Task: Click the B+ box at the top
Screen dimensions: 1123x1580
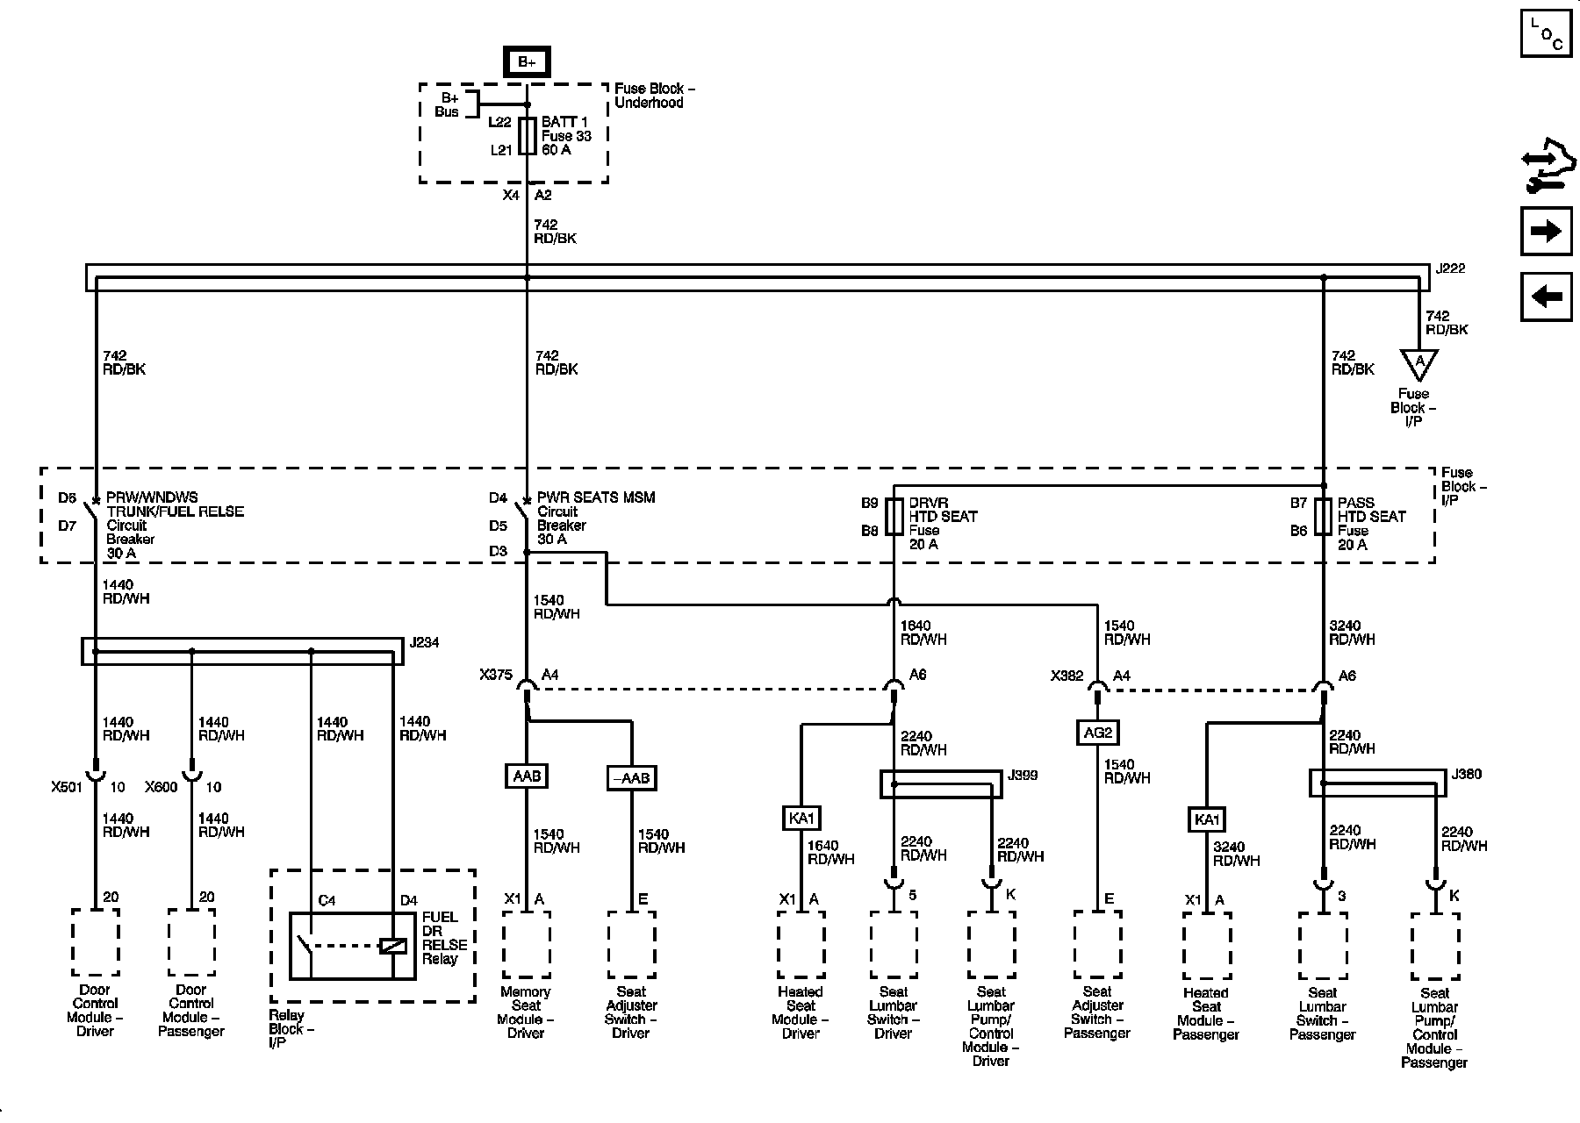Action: tap(527, 61)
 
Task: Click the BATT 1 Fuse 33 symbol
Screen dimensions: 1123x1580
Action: tap(527, 136)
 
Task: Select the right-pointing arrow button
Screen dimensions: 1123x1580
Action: tap(1546, 231)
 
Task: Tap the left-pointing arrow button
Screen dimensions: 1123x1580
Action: tap(1546, 297)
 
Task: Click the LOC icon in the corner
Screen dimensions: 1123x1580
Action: tap(1546, 33)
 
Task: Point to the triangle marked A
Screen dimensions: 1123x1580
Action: tap(1418, 361)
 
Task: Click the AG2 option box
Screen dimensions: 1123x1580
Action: tap(1098, 732)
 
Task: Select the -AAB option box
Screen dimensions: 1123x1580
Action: tap(631, 778)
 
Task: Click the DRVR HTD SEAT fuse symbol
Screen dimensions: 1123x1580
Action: tap(894, 517)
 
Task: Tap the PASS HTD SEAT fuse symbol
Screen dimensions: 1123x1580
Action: tap(1323, 517)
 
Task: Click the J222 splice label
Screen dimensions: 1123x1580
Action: tap(1450, 268)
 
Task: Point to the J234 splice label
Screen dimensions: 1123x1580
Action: tap(424, 643)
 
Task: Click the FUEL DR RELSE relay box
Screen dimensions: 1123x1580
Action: tap(354, 946)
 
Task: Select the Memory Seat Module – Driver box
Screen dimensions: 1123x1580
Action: tap(527, 944)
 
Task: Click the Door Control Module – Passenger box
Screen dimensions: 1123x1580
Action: tap(191, 941)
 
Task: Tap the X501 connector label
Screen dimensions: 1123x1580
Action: tap(66, 787)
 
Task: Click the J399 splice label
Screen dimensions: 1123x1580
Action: tap(1023, 775)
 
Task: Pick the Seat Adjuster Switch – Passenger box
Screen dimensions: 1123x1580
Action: tap(1098, 944)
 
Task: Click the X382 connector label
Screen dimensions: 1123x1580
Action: tap(1067, 676)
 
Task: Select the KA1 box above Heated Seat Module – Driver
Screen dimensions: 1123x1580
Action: tap(801, 819)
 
